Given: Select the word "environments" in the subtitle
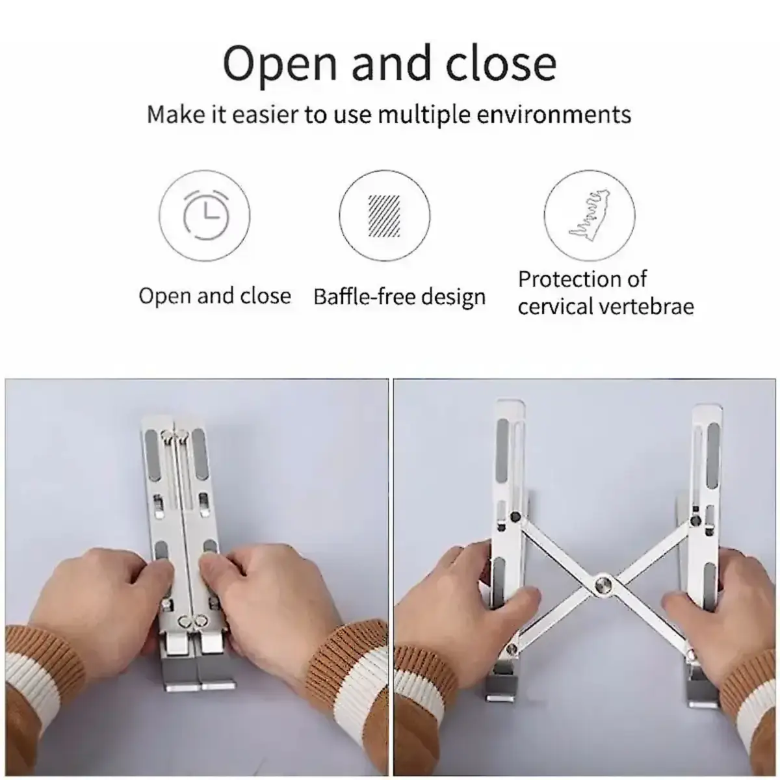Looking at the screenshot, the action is [x=554, y=114].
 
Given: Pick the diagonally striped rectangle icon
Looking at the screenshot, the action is [x=384, y=216].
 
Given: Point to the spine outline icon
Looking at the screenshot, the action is [x=590, y=215].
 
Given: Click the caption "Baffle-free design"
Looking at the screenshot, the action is [x=400, y=297].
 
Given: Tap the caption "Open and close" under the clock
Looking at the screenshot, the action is [x=215, y=296].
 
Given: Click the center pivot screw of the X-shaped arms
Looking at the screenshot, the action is [x=603, y=585].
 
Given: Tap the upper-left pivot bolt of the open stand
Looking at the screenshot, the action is [x=515, y=517].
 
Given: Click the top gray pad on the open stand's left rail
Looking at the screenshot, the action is [x=502, y=450].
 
